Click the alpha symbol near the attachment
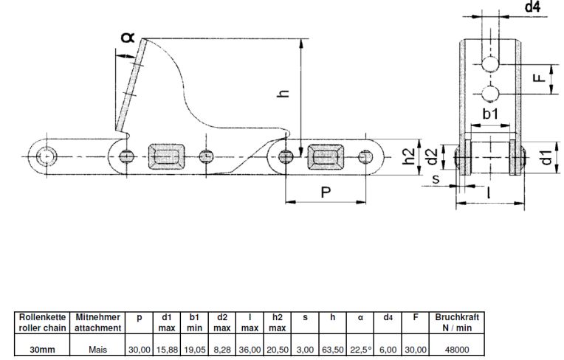(127, 37)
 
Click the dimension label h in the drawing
(283, 93)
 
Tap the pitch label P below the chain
(326, 193)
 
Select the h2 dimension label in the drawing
(408, 156)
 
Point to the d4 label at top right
(533, 7)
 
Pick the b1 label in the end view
(490, 114)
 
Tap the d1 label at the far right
(546, 157)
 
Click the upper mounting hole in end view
(490, 64)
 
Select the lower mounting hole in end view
(490, 94)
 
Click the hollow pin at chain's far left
(47, 156)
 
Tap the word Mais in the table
(97, 349)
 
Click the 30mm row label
(42, 349)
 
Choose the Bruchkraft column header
(457, 317)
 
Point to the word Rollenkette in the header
(42, 317)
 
